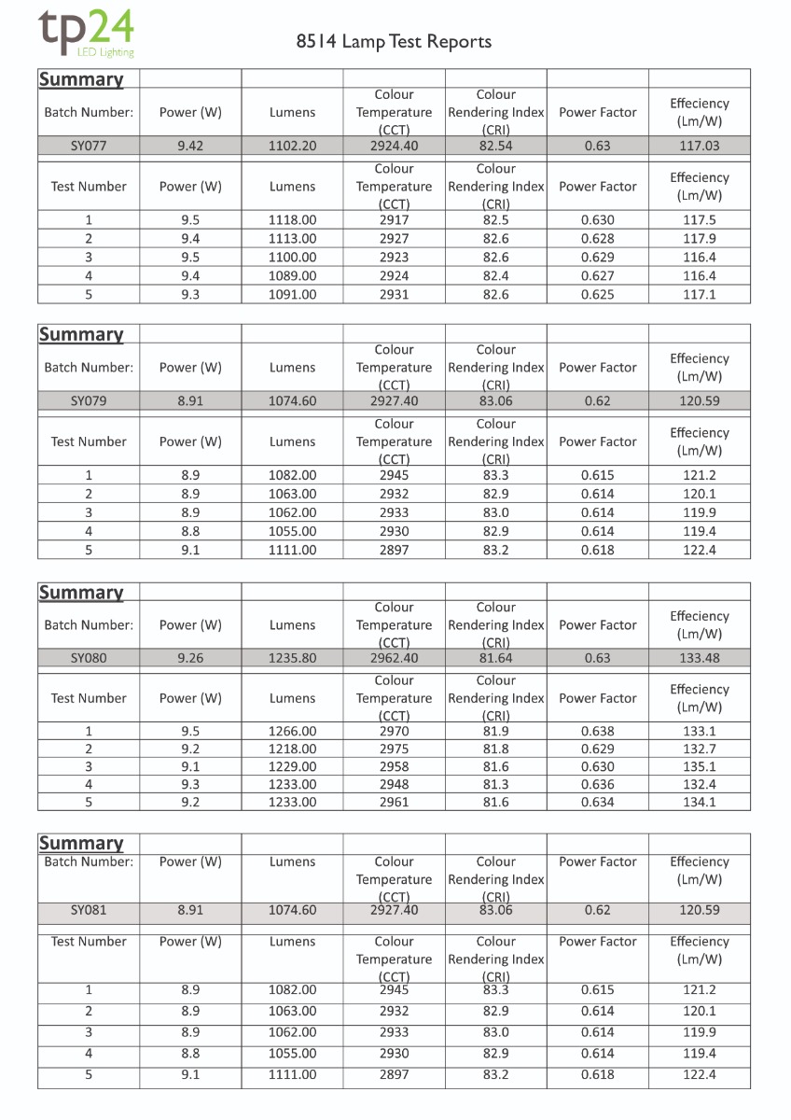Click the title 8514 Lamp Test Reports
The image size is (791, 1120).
(394, 42)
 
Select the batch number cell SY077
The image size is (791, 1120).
(89, 146)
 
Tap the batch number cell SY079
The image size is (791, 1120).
(89, 401)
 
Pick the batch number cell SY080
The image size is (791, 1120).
(89, 658)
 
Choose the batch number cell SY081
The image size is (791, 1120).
(89, 910)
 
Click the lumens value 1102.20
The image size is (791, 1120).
(292, 146)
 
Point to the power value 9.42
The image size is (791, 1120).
(190, 146)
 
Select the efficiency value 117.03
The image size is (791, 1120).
(699, 146)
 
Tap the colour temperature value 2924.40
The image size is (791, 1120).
(394, 146)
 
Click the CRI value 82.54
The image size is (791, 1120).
(495, 146)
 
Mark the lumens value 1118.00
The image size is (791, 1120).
(292, 220)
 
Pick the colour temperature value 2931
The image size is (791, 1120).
(394, 295)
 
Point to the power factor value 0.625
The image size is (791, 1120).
(597, 295)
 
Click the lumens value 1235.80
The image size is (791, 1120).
(292, 658)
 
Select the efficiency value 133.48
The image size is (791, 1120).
(699, 658)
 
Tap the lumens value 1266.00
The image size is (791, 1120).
(292, 732)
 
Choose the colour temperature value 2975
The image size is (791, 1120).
(394, 749)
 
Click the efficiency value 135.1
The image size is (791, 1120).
(699, 767)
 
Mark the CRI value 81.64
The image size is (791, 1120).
(495, 658)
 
